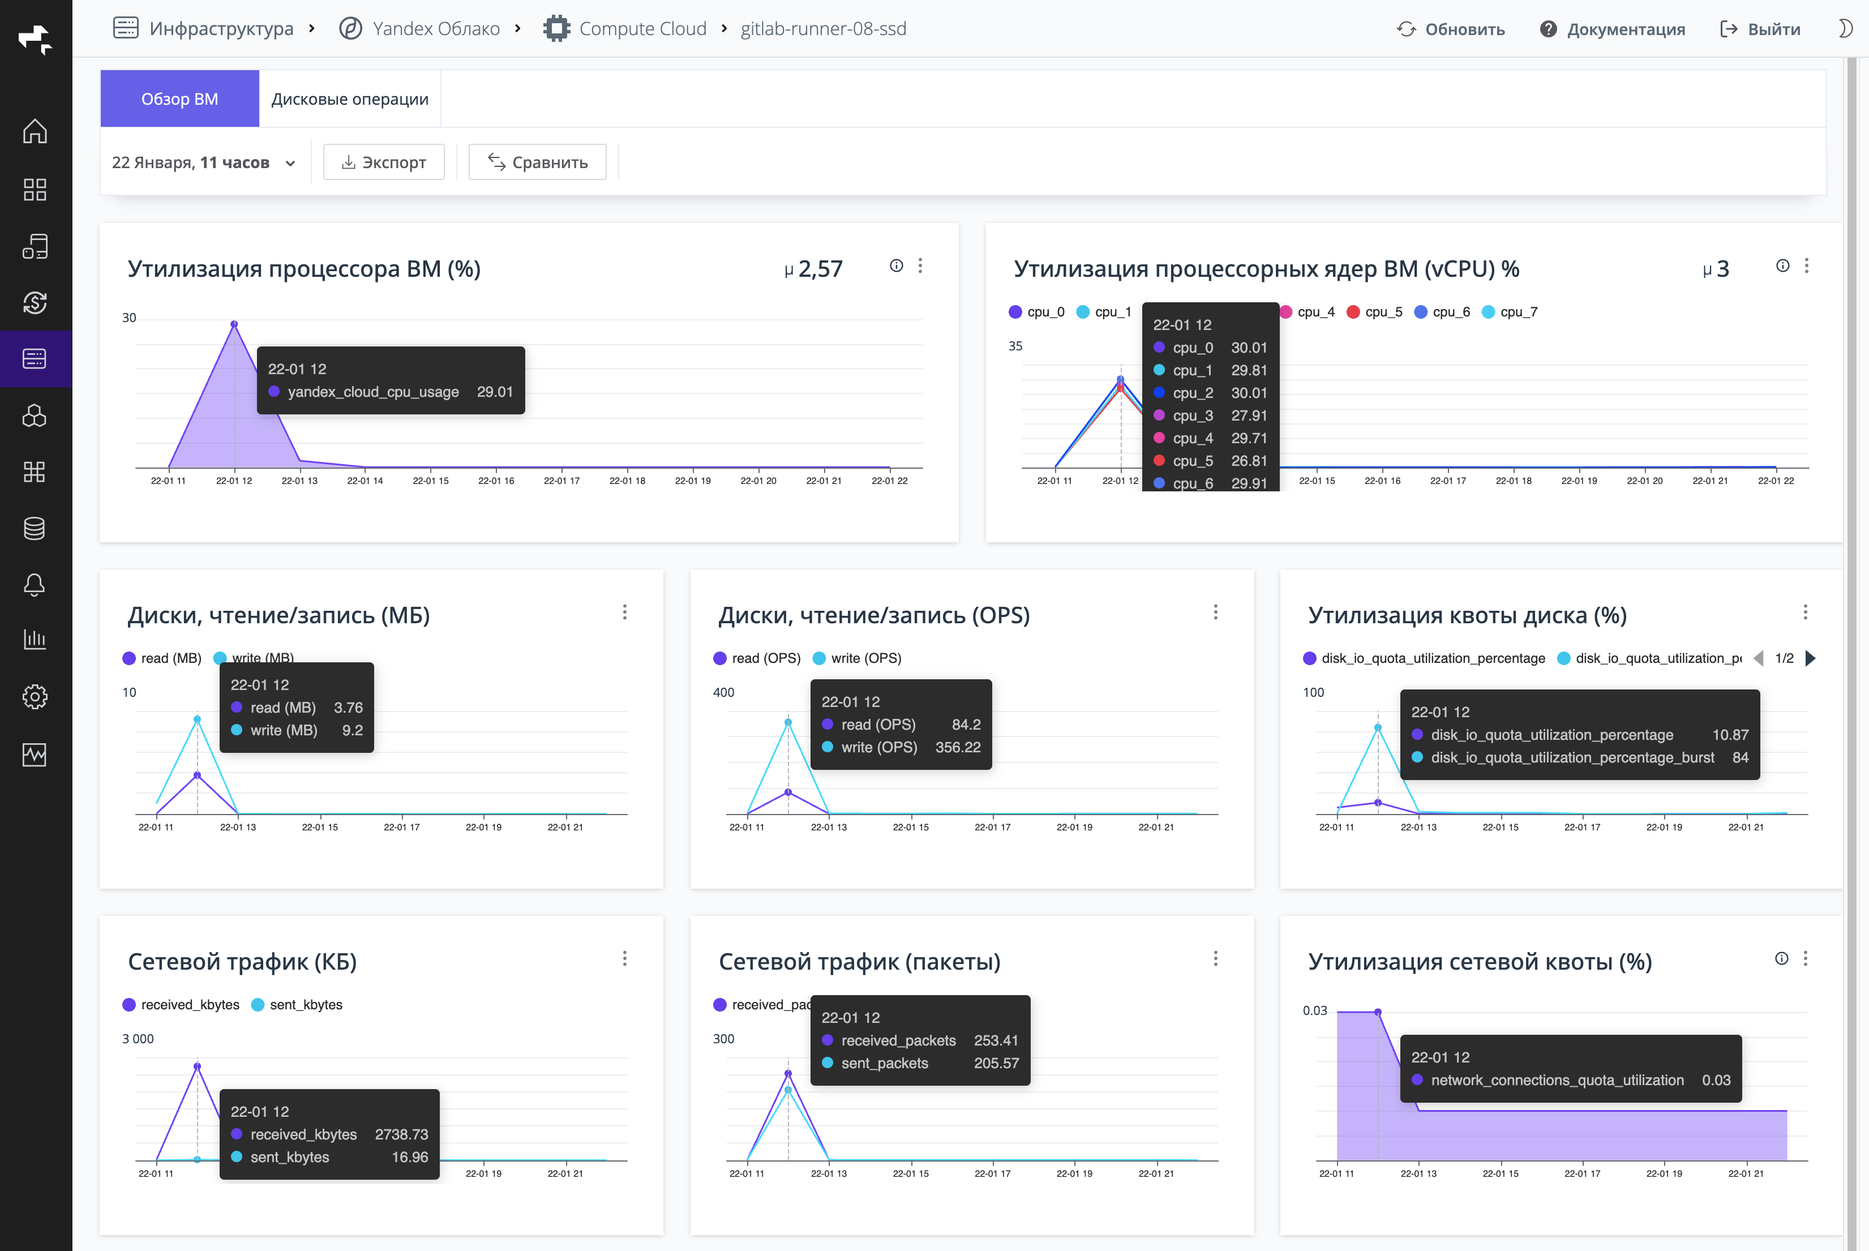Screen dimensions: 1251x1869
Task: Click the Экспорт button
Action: coord(384,162)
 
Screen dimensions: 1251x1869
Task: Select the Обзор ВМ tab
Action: coord(179,99)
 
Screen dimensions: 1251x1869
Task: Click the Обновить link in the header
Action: coord(1451,29)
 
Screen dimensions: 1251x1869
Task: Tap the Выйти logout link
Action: coord(1760,29)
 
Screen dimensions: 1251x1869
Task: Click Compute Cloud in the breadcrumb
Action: coord(642,29)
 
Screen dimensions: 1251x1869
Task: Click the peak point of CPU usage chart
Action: coord(234,324)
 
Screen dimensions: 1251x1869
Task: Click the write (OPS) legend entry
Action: coord(857,658)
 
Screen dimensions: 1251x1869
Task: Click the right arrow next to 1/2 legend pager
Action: coord(1810,658)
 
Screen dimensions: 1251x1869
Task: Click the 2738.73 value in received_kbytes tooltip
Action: coord(401,1134)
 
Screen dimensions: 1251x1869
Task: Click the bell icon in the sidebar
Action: coord(35,585)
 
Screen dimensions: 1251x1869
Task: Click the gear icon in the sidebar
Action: coord(35,696)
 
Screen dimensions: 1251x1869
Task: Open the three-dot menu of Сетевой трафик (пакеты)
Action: coord(1215,958)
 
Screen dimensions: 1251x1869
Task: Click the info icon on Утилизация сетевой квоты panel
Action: coord(1781,958)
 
